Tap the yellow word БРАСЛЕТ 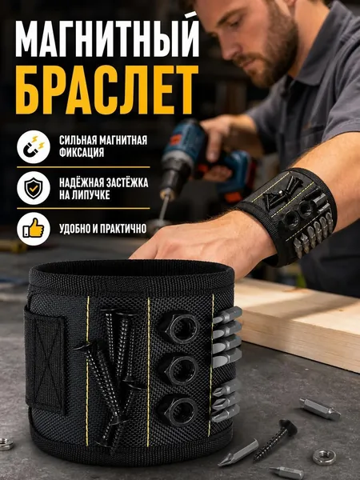107,90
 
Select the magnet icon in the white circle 34,146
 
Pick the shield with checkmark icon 34,188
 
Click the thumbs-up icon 34,228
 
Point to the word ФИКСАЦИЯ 82,152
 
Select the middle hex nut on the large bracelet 180,369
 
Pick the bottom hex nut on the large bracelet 178,410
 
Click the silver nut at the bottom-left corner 6,444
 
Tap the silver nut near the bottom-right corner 324,457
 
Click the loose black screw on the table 275,440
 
